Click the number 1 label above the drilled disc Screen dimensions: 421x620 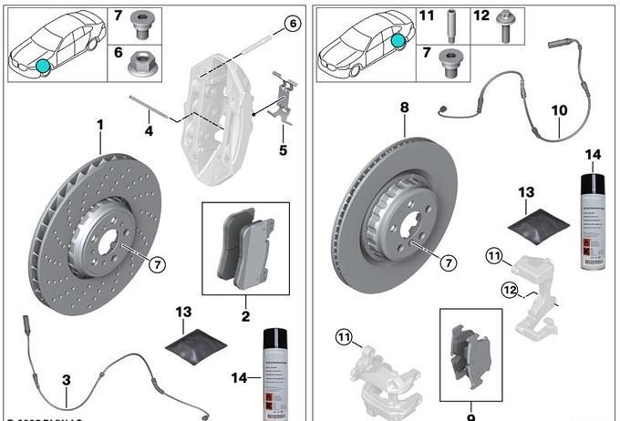tap(100, 124)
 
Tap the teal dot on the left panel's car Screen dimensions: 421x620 tap(42, 65)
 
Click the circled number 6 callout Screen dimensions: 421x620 tap(291, 25)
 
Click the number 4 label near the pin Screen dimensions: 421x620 tap(149, 131)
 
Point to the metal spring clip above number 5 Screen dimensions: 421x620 tap(284, 99)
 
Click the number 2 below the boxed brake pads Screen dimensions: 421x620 tap(245, 316)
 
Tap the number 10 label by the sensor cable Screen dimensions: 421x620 tap(559, 110)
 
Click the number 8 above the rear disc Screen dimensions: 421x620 tap(404, 108)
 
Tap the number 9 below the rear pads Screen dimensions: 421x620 tap(471, 416)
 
